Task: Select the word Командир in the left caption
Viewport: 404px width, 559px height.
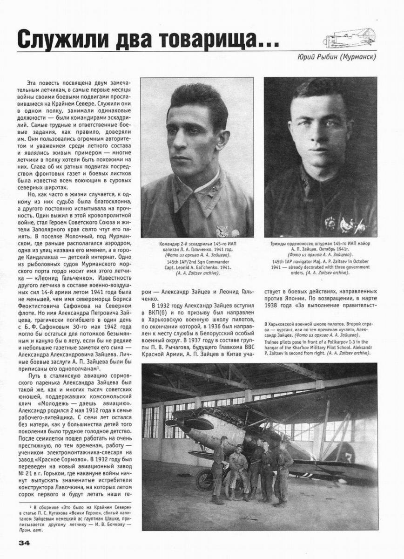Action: [x=170, y=244]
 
